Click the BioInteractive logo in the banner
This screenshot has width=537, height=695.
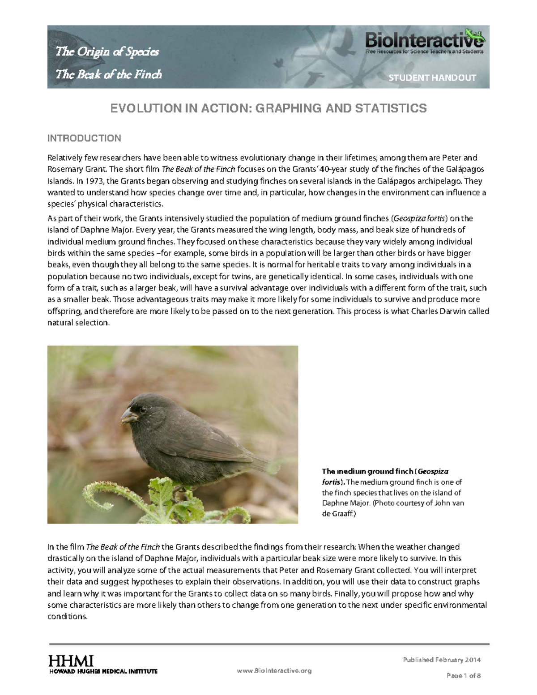tap(425, 42)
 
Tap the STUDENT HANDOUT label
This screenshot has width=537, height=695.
tap(432, 78)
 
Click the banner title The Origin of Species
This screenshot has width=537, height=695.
tap(107, 52)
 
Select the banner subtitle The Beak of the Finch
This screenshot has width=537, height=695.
tap(108, 74)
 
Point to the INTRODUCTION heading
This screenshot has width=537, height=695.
tap(84, 138)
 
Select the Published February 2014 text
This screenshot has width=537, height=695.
tap(442, 660)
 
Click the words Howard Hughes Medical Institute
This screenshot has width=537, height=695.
tap(102, 671)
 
